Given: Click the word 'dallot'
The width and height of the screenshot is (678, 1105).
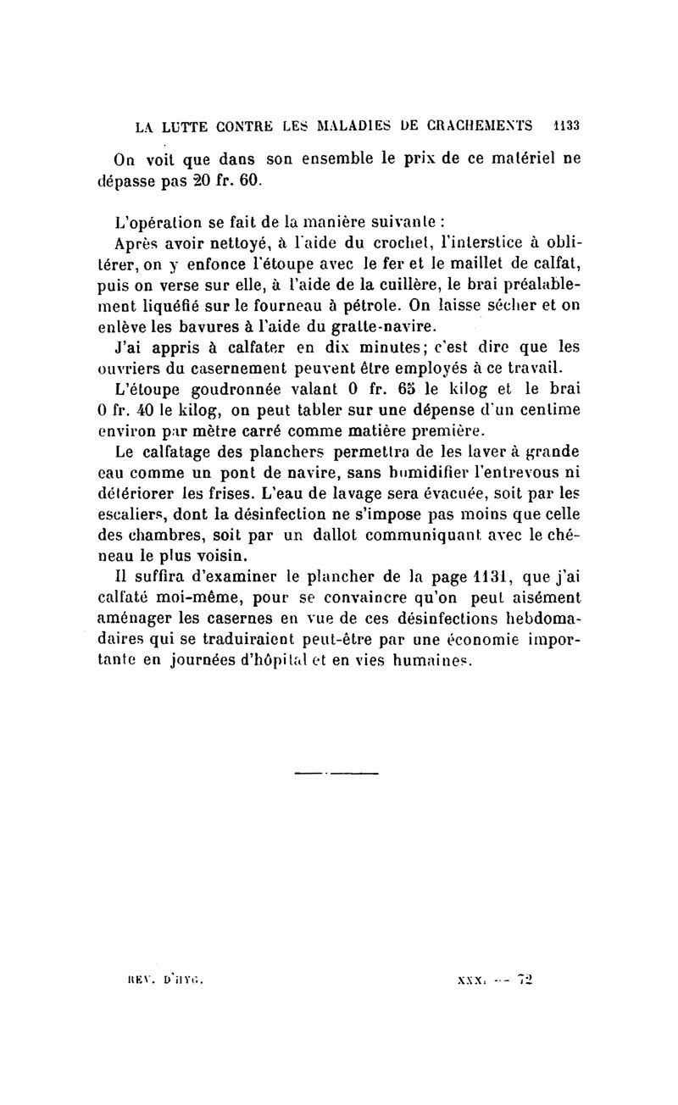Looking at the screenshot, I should point(361,531).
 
